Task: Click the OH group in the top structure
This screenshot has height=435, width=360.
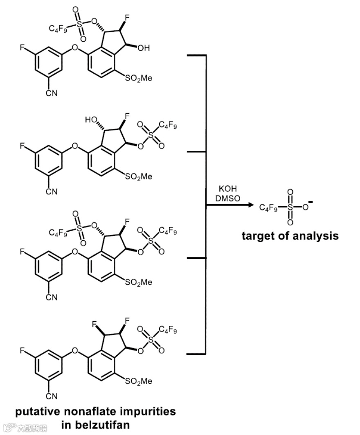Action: point(144,48)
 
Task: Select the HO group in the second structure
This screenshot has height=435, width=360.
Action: point(91,120)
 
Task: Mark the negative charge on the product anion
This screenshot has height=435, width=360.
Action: point(312,202)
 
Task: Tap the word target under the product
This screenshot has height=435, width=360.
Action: point(257,236)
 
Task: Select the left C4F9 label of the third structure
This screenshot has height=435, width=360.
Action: point(57,233)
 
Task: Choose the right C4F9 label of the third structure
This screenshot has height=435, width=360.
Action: point(168,232)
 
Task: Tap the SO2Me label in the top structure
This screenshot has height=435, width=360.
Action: point(139,78)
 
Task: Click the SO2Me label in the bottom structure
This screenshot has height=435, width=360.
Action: point(139,381)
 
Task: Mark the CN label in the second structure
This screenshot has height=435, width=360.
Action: point(52,192)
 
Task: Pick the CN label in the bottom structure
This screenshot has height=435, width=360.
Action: point(52,396)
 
